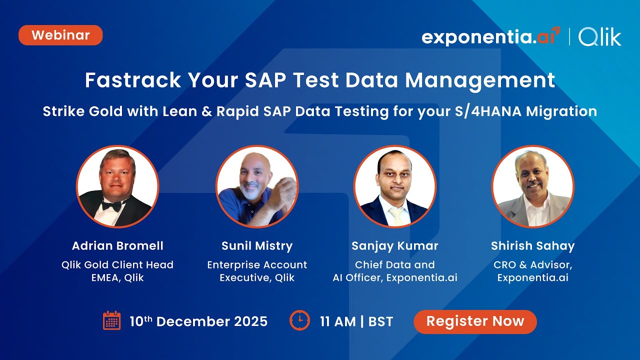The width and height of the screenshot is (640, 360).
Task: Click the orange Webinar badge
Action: [60, 35]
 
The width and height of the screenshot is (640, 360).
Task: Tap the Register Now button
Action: [475, 321]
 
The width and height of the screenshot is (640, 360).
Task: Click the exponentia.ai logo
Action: [490, 37]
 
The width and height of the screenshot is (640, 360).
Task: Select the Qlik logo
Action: [600, 37]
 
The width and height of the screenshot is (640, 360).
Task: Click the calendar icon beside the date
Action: [112, 320]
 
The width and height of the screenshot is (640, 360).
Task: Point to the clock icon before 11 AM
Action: [299, 320]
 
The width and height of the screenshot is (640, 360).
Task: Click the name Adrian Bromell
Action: [117, 246]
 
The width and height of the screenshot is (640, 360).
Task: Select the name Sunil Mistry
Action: [257, 246]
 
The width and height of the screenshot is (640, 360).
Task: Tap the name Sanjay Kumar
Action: [395, 246]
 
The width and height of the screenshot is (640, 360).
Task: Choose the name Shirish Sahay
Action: [533, 246]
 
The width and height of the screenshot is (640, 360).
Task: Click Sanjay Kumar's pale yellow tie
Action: [395, 214]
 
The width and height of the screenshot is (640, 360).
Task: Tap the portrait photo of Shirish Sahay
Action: [533, 186]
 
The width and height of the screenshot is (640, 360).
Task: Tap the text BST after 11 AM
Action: [380, 321]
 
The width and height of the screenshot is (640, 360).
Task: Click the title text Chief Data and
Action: [395, 264]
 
